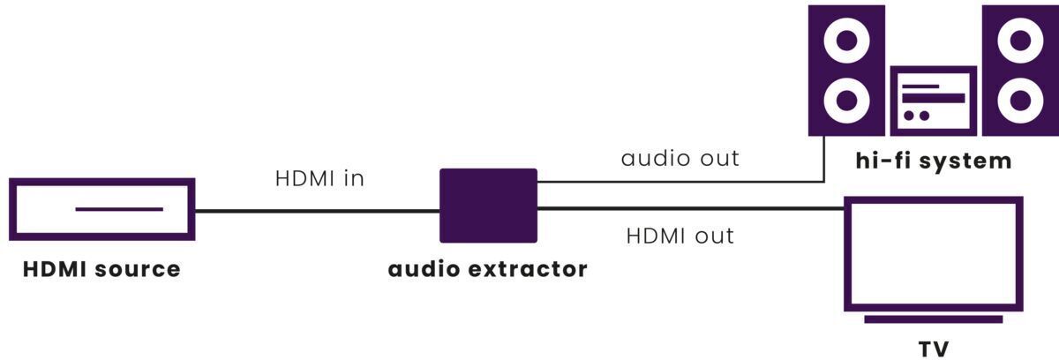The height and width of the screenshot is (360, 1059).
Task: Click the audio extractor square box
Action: coord(488,205)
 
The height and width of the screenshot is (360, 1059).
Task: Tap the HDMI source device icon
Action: coord(101,209)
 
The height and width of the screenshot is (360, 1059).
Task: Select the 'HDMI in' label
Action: coord(319,178)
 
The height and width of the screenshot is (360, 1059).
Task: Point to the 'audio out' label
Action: coord(680,159)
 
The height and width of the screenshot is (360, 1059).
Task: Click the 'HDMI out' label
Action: coord(680,236)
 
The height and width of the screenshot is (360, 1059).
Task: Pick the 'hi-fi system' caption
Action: coord(934,161)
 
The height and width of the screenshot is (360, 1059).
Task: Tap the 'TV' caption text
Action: coord(934,349)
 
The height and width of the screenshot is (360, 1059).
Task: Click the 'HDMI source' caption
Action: coord(101,268)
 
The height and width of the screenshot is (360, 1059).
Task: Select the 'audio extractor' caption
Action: coord(488,268)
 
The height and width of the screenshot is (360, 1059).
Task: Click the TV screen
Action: coord(934,253)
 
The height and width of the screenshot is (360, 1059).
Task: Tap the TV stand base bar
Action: coord(934,319)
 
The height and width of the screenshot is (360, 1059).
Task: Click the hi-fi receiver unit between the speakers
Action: coord(933,100)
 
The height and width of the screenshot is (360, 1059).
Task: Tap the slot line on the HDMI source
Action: coord(119,209)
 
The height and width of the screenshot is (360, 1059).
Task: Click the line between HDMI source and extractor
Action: coord(318,211)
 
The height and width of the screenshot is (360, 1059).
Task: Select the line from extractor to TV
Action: coord(688,209)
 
